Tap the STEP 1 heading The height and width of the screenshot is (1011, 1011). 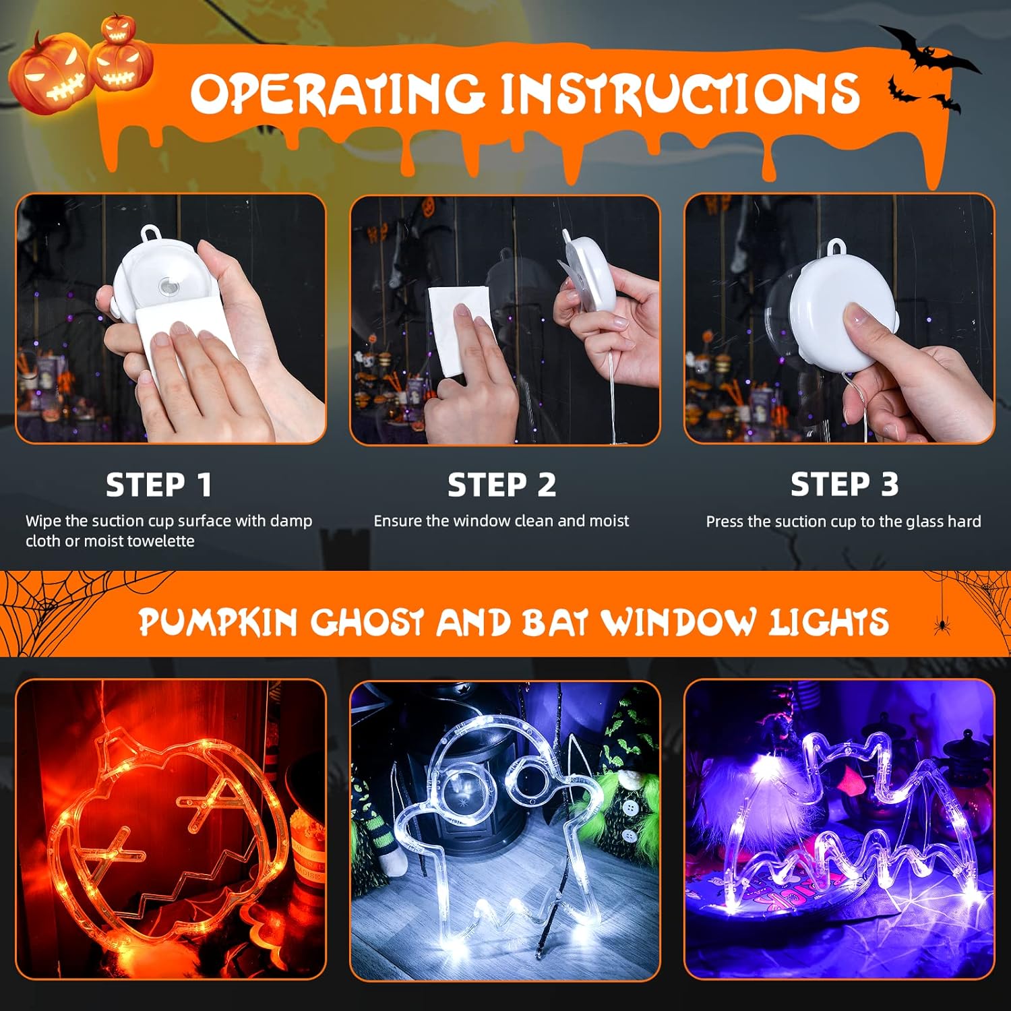pos(159,485)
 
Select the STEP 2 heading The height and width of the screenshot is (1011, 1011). pos(502,485)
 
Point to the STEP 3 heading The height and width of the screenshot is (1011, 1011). pos(844,484)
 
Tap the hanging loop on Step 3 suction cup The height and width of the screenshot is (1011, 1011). pos(837,247)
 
